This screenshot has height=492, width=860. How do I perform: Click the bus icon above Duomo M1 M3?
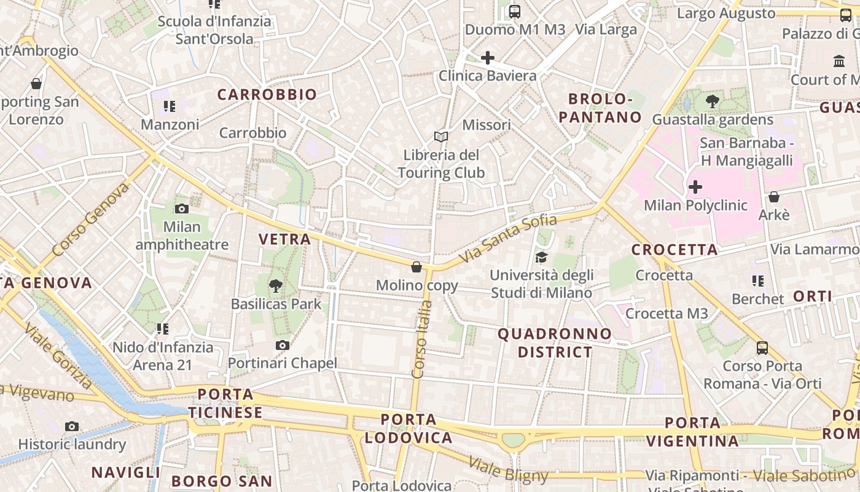click(x=515, y=11)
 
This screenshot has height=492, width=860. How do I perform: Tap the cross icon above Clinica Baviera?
click(x=488, y=58)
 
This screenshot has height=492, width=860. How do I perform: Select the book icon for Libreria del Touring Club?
click(x=440, y=137)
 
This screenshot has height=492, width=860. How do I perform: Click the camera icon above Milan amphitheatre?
click(x=182, y=208)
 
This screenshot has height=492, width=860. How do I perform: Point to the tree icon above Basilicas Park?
click(x=276, y=285)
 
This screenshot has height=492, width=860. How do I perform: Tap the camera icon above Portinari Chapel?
click(x=282, y=345)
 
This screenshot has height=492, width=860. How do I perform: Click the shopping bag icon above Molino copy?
click(x=416, y=267)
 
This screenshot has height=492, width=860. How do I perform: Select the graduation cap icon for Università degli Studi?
click(x=541, y=257)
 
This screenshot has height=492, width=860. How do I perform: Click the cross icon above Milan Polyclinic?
click(x=695, y=186)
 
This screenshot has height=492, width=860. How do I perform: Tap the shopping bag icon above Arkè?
click(x=774, y=197)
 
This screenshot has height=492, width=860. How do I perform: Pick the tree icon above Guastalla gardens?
click(x=713, y=101)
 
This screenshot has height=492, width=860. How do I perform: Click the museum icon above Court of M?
click(x=839, y=61)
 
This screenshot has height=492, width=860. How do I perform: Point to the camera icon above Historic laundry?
click(x=72, y=426)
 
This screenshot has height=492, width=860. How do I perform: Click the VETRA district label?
click(x=284, y=239)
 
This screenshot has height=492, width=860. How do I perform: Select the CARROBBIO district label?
click(x=267, y=95)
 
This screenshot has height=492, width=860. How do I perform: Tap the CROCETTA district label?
click(x=674, y=250)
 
